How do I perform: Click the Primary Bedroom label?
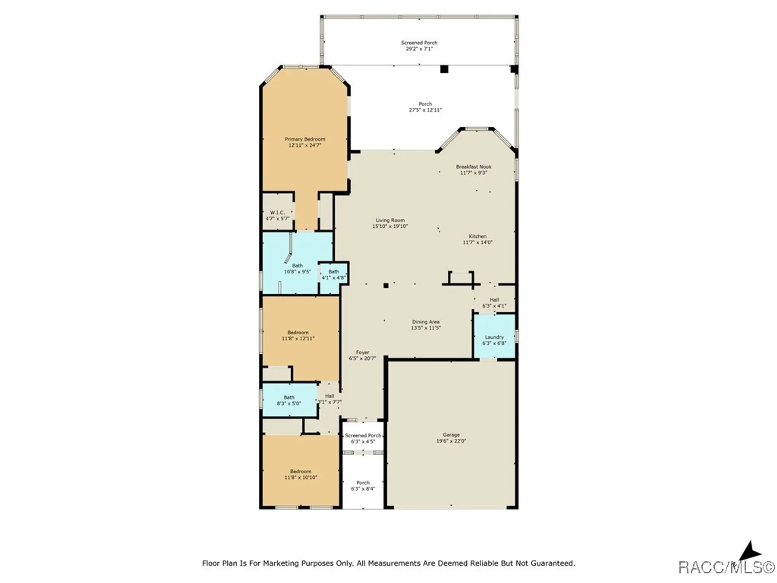[305, 139]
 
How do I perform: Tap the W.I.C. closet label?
[277, 213]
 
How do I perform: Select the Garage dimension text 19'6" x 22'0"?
[451, 441]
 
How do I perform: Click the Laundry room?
[494, 337]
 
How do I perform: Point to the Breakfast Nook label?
[474, 167]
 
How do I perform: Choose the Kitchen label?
[477, 236]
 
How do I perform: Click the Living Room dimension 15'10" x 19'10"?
[390, 226]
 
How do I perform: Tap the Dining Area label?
[426, 322]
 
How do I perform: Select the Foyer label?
[362, 353]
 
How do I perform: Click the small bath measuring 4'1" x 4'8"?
[333, 275]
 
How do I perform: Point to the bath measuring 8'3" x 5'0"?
[289, 400]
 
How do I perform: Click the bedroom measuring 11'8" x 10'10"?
[300, 474]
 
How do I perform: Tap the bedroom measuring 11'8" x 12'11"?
[298, 335]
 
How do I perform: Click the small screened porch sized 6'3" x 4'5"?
[363, 438]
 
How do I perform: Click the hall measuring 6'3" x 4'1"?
[494, 303]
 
